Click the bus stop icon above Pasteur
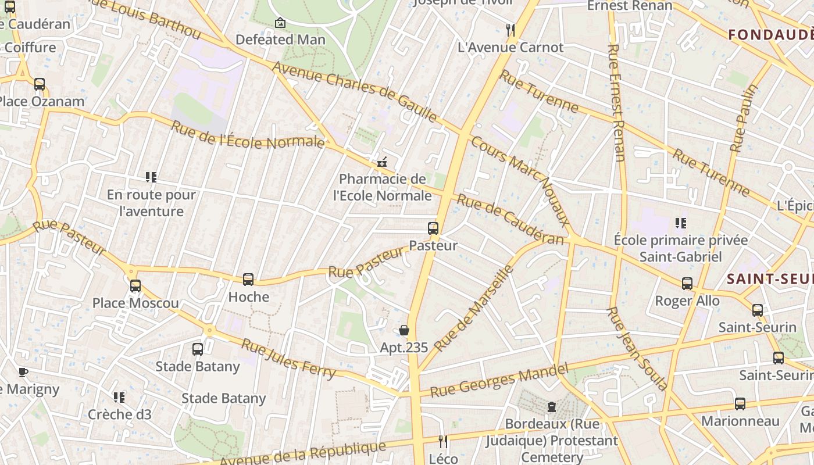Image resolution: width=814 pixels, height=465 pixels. click(433, 228)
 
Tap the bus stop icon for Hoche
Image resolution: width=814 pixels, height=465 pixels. click(248, 280)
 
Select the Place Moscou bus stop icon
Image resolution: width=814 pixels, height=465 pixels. click(135, 285)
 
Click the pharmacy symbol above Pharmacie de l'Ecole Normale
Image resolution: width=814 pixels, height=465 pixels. click(382, 163)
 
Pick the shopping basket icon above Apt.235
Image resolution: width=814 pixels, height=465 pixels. click(404, 331)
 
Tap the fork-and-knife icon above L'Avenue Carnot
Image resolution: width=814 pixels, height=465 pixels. click(510, 30)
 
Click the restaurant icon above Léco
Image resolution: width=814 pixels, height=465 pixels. click(443, 442)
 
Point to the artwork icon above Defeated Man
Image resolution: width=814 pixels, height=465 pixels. click(280, 23)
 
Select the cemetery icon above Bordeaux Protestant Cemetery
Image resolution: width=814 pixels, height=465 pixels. click(551, 406)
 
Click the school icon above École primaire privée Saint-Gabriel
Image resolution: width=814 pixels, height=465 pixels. click(681, 223)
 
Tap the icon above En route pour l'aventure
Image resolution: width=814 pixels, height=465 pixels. click(151, 177)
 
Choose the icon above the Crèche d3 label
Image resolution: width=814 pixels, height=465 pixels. click(119, 397)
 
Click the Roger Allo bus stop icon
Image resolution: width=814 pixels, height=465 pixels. click(687, 284)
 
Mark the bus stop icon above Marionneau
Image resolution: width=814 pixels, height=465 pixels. click(740, 403)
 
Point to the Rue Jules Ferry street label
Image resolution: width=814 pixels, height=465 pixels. click(288, 359)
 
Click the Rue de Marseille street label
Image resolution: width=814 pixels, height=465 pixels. click(474, 308)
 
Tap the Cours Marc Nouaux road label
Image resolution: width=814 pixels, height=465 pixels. click(521, 181)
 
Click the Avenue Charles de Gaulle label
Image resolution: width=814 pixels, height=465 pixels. click(354, 91)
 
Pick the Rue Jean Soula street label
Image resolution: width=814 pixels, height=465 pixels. click(637, 349)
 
